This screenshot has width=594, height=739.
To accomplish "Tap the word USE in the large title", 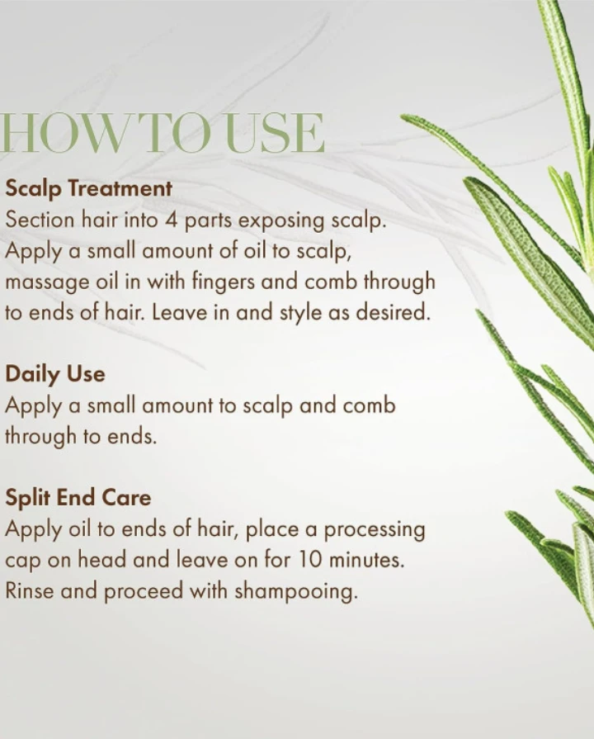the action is tap(275, 133).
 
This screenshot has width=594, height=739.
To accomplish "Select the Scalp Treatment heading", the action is tap(88, 188).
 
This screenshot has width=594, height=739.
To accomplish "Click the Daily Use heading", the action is tap(55, 375).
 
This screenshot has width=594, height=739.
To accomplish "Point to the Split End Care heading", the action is tap(78, 498).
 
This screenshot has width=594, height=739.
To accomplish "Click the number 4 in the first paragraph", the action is tap(171, 220).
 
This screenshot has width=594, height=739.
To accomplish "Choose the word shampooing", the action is tap(296, 592).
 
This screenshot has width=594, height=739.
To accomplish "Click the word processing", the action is tap(375, 530).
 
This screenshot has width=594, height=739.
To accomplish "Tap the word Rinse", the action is tap(29, 590).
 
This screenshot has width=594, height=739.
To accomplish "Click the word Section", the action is tap(40, 220).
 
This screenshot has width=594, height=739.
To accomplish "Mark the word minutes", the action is tap(366, 560).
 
